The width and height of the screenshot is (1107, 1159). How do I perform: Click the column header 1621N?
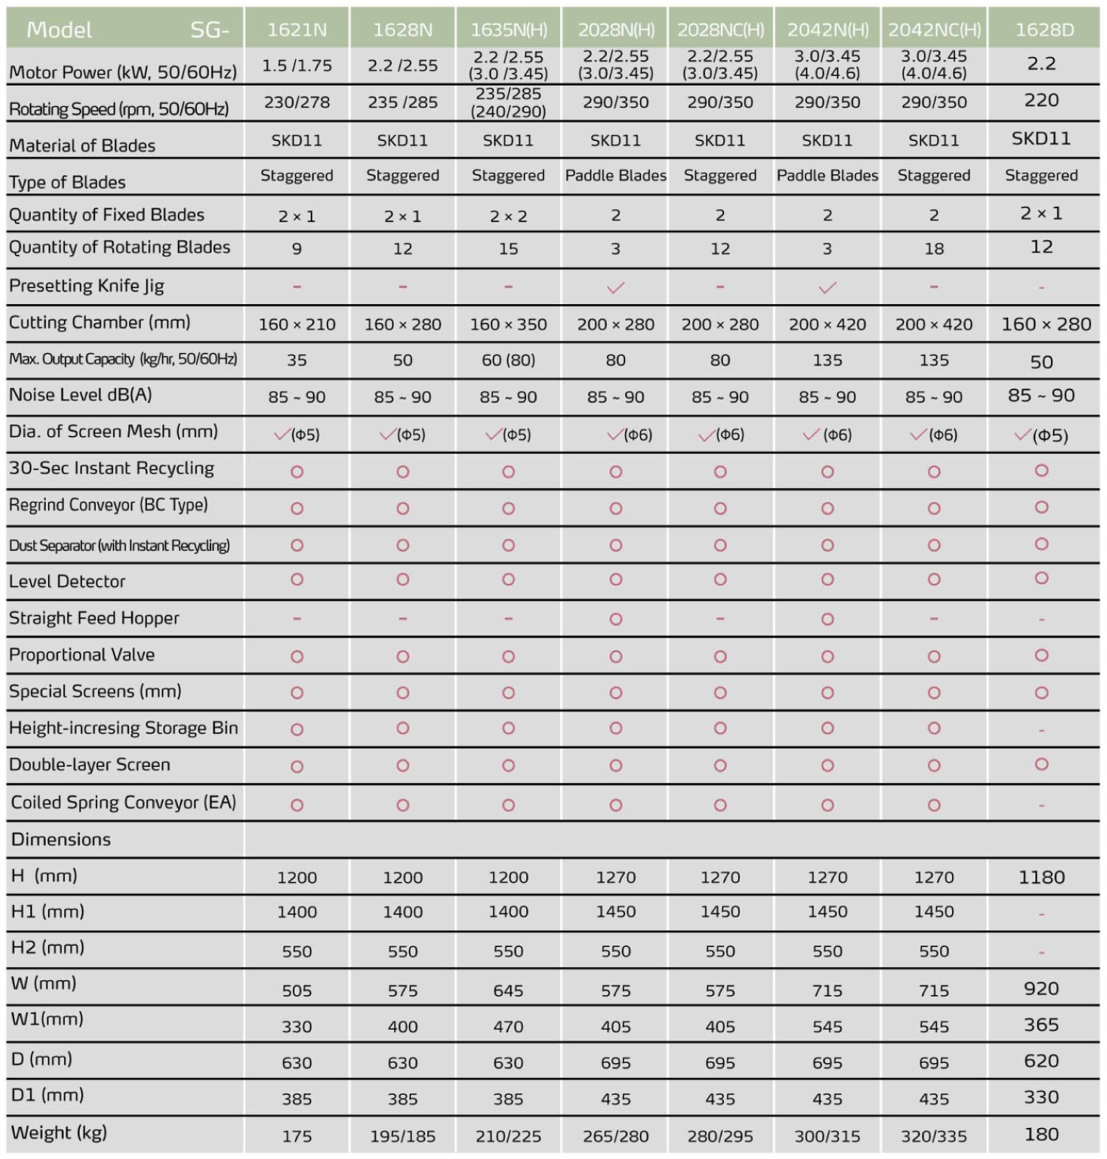[x=297, y=30]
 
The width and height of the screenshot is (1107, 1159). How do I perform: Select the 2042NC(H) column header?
[x=934, y=30]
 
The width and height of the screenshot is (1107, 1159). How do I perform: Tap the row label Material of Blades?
[x=82, y=145]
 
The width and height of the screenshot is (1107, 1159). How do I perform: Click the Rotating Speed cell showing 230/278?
[x=297, y=102]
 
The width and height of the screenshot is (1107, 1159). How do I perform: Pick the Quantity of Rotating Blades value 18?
[x=934, y=249]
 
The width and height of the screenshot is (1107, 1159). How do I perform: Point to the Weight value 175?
[x=297, y=1136]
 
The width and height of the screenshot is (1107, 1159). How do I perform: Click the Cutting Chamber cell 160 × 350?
[x=508, y=324]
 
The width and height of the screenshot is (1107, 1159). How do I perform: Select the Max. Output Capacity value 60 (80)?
[x=508, y=360]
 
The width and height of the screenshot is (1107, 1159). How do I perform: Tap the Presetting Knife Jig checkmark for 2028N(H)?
[x=615, y=288]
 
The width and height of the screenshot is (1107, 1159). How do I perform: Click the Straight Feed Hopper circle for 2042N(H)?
[x=827, y=619]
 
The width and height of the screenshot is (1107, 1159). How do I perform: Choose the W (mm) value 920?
[x=1041, y=988]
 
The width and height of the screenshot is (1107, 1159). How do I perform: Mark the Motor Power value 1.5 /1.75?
[x=297, y=66]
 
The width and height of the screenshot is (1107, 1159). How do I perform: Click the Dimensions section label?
[x=61, y=839]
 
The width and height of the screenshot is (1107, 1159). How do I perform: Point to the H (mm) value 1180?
[x=1041, y=877]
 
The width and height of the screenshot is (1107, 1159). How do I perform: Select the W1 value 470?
[x=508, y=1026]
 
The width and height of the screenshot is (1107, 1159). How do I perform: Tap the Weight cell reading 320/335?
[x=934, y=1136]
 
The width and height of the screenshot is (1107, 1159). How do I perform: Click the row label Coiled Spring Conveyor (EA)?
[x=123, y=802]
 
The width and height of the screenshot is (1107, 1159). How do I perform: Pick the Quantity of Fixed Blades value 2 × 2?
[x=508, y=216]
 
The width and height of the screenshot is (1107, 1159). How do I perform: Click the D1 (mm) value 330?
[x=1041, y=1097]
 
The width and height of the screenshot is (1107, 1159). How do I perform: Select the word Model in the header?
[x=59, y=30]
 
